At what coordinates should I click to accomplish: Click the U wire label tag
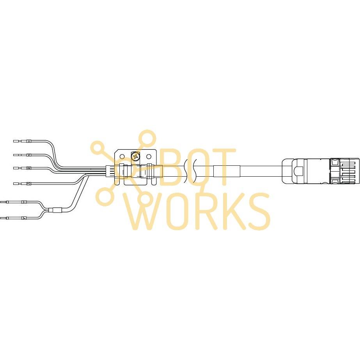29,141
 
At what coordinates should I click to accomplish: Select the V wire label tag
29,155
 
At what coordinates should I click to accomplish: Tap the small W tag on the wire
29,168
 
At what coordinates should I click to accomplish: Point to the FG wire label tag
29,183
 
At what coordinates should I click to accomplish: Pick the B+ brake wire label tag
24,202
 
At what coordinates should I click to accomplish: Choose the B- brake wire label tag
24,218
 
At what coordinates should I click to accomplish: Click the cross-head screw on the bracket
135,157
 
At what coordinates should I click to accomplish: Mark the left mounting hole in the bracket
122,157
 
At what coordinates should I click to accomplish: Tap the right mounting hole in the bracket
149,157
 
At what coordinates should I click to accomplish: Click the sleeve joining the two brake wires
55,211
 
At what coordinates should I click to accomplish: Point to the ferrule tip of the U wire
16,141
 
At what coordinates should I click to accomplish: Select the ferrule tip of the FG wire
16,183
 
